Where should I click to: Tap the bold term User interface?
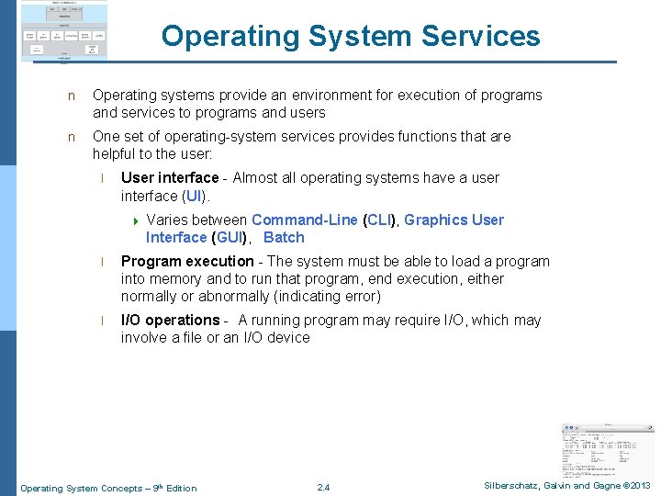(170, 177)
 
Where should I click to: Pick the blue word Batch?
(284, 237)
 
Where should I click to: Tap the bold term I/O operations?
(170, 320)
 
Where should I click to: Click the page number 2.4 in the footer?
(323, 487)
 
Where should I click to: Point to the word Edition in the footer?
(181, 488)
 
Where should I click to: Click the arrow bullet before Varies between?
(136, 220)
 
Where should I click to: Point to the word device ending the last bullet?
(288, 337)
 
